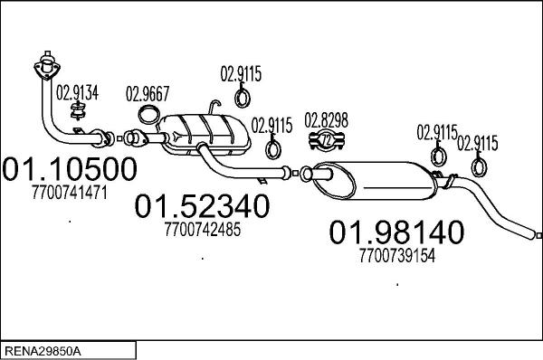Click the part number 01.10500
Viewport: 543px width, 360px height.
tap(71, 169)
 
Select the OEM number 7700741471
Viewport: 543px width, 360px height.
tap(70, 192)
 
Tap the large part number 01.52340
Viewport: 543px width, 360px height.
tap(202, 207)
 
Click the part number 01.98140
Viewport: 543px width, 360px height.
tap(395, 232)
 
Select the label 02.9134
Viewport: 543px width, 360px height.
tap(79, 91)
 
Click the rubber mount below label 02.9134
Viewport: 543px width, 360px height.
tap(79, 112)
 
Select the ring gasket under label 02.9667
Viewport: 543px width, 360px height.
tap(149, 115)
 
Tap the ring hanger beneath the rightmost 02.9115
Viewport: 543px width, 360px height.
tap(478, 166)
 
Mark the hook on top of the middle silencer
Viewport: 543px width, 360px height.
tap(214, 104)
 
